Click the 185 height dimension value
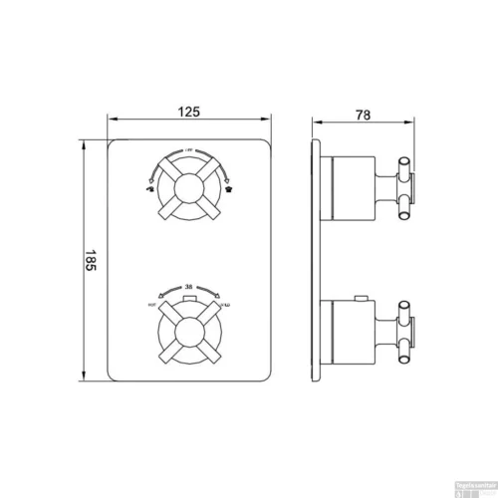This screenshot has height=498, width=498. point(90,262)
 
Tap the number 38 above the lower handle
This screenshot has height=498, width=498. point(188,287)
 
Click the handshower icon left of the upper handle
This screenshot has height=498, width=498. point(149,185)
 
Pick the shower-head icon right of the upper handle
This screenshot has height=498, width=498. point(228,185)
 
